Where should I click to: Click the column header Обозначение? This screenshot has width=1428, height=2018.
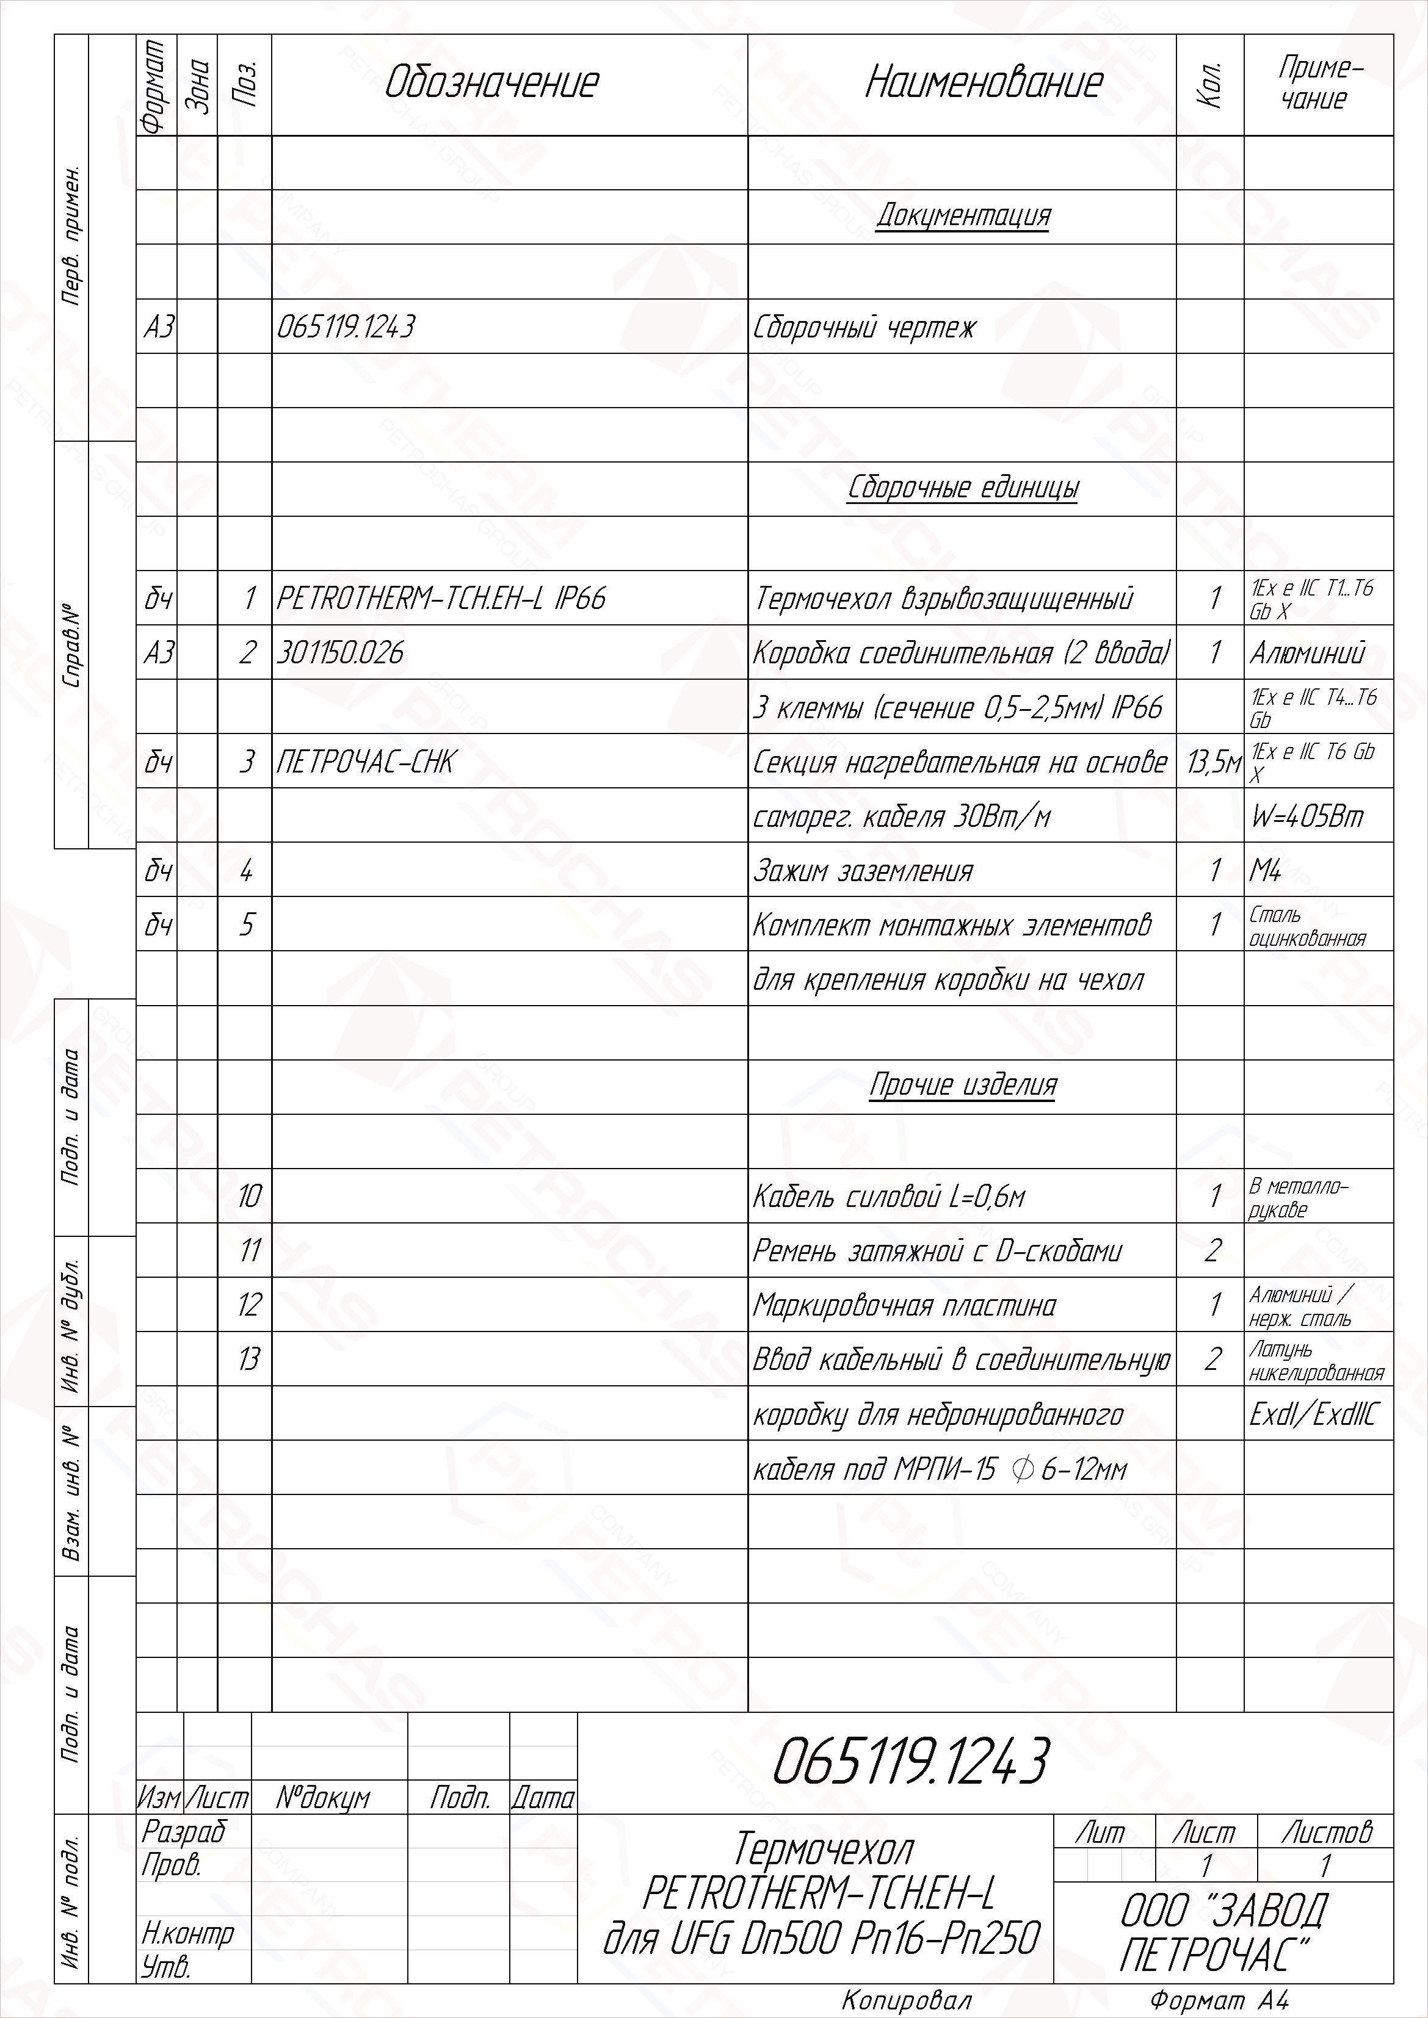pos(491,84)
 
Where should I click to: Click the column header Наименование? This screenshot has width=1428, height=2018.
pos(983,84)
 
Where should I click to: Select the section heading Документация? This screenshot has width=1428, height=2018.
pos(963,216)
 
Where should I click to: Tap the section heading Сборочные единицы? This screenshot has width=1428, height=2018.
pos(963,488)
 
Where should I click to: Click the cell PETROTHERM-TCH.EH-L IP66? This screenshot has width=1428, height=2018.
pos(441,599)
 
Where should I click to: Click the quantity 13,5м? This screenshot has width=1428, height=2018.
pos(1212,762)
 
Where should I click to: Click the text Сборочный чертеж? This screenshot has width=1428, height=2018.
pos(864,328)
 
